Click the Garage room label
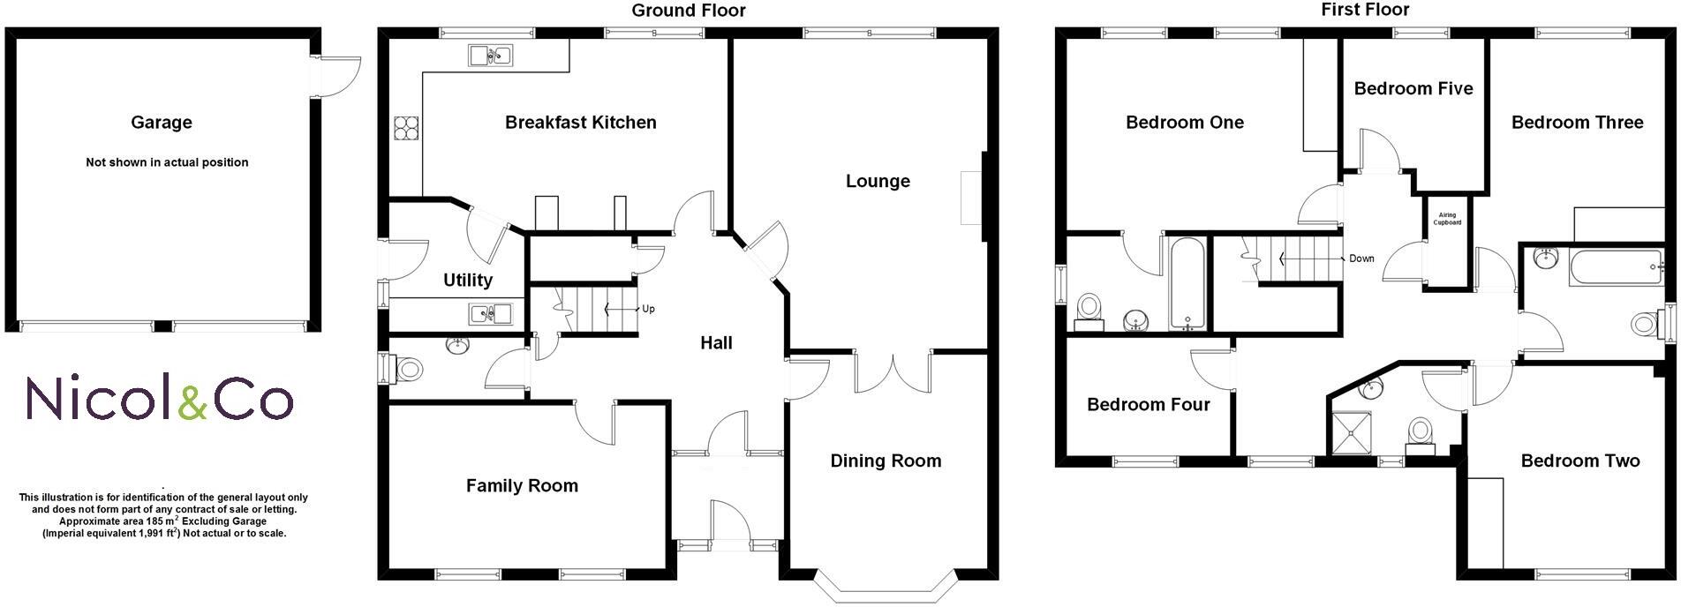[x=161, y=123]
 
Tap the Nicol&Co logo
[x=159, y=399]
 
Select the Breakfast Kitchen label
[x=580, y=123]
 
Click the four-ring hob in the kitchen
[x=406, y=129]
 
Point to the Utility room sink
[x=491, y=312]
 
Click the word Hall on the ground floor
[x=716, y=343]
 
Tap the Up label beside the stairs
[x=648, y=309]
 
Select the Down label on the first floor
[x=1361, y=259]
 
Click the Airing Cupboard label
[x=1449, y=219]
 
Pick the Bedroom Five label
[x=1413, y=88]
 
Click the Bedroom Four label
[x=1148, y=405]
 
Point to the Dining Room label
[x=886, y=461]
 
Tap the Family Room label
[x=522, y=485]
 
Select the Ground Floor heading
[x=689, y=11]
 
